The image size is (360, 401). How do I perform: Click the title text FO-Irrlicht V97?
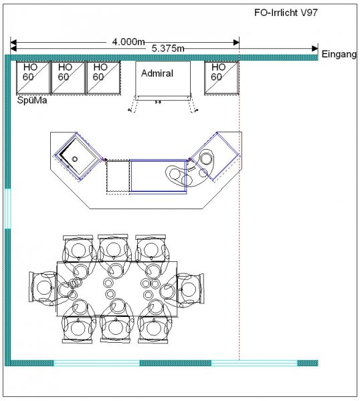[286, 13]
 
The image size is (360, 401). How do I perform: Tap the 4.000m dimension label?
[128, 41]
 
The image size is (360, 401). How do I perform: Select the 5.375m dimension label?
[168, 48]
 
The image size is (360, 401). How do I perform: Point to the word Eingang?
[339, 54]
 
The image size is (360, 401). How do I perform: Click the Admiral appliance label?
[157, 74]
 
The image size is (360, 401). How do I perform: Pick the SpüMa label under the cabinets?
[32, 100]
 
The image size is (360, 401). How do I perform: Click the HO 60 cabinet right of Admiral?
[221, 78]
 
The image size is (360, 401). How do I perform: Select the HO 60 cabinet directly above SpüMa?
[33, 78]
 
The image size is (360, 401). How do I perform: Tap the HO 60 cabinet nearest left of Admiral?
[104, 78]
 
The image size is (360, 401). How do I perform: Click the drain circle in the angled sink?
[74, 159]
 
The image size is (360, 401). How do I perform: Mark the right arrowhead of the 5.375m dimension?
[315, 48]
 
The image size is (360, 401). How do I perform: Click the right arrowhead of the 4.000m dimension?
[236, 43]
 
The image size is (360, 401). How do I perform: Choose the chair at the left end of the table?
[43, 287]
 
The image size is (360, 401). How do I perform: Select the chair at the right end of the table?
[189, 290]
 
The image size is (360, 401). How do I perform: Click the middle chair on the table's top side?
[113, 250]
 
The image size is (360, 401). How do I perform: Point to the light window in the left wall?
[7, 209]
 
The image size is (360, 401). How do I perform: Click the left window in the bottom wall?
[97, 363]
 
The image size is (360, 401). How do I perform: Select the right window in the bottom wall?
[254, 363]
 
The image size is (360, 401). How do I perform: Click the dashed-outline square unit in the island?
[118, 176]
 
